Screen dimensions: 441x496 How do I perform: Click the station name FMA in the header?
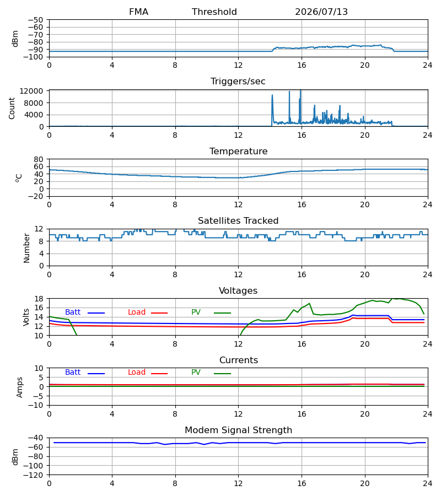coord(138,12)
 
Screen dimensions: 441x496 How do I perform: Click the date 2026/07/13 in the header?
coord(321,12)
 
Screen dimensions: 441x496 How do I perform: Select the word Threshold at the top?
coord(214,12)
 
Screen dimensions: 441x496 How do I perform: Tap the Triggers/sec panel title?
coord(238,82)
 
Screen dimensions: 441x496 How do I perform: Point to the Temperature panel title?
coord(238,151)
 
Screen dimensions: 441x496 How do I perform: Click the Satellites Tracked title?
coord(238,221)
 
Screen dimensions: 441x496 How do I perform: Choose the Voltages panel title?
coord(238,290)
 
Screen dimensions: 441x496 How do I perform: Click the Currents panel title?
coord(239,360)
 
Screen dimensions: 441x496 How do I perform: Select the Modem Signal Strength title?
coord(238,430)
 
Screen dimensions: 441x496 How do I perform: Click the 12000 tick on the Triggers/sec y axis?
coord(31,91)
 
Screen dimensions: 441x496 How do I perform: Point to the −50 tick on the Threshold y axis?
coord(35,20)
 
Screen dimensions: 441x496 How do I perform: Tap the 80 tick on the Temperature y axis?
coord(39,159)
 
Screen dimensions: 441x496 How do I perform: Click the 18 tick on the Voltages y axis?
coord(39,299)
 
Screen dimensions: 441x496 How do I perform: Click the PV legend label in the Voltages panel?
coord(196,312)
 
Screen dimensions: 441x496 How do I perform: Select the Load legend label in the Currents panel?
coord(137,373)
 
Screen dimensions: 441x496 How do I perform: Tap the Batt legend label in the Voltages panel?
coord(73,312)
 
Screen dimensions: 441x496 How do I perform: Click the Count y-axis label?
coord(12,108)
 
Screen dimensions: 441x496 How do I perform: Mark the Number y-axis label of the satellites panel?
coord(26,248)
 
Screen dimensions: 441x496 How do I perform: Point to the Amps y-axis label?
coord(20,387)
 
